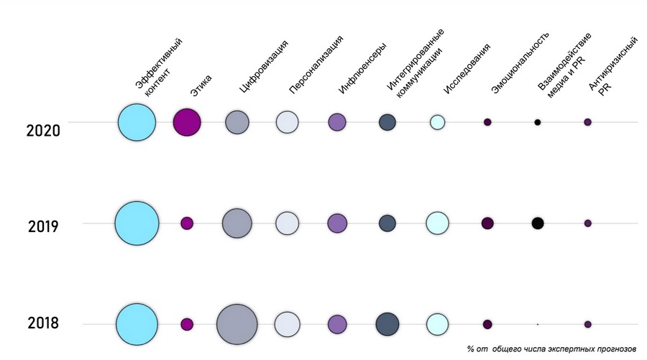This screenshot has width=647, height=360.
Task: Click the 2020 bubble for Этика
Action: (187, 122)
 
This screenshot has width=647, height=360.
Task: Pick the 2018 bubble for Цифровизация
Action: (237, 325)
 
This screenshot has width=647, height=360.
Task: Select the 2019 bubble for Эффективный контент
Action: (137, 223)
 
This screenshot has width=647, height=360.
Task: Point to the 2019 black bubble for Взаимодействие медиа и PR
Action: (537, 223)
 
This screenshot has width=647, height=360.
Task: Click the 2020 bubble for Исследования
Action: (437, 122)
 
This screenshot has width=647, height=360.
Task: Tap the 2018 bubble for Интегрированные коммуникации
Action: (387, 324)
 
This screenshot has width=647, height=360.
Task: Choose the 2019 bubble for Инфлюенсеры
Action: (337, 223)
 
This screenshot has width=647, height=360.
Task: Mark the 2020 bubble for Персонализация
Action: (287, 122)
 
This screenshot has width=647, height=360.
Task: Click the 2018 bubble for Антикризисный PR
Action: (587, 324)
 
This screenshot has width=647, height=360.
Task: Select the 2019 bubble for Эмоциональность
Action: (487, 223)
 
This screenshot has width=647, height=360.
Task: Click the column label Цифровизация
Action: (264, 68)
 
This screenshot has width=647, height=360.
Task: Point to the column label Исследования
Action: (467, 69)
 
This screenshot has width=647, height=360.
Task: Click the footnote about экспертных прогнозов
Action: (551, 349)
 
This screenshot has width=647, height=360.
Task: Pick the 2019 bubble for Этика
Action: (187, 223)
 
